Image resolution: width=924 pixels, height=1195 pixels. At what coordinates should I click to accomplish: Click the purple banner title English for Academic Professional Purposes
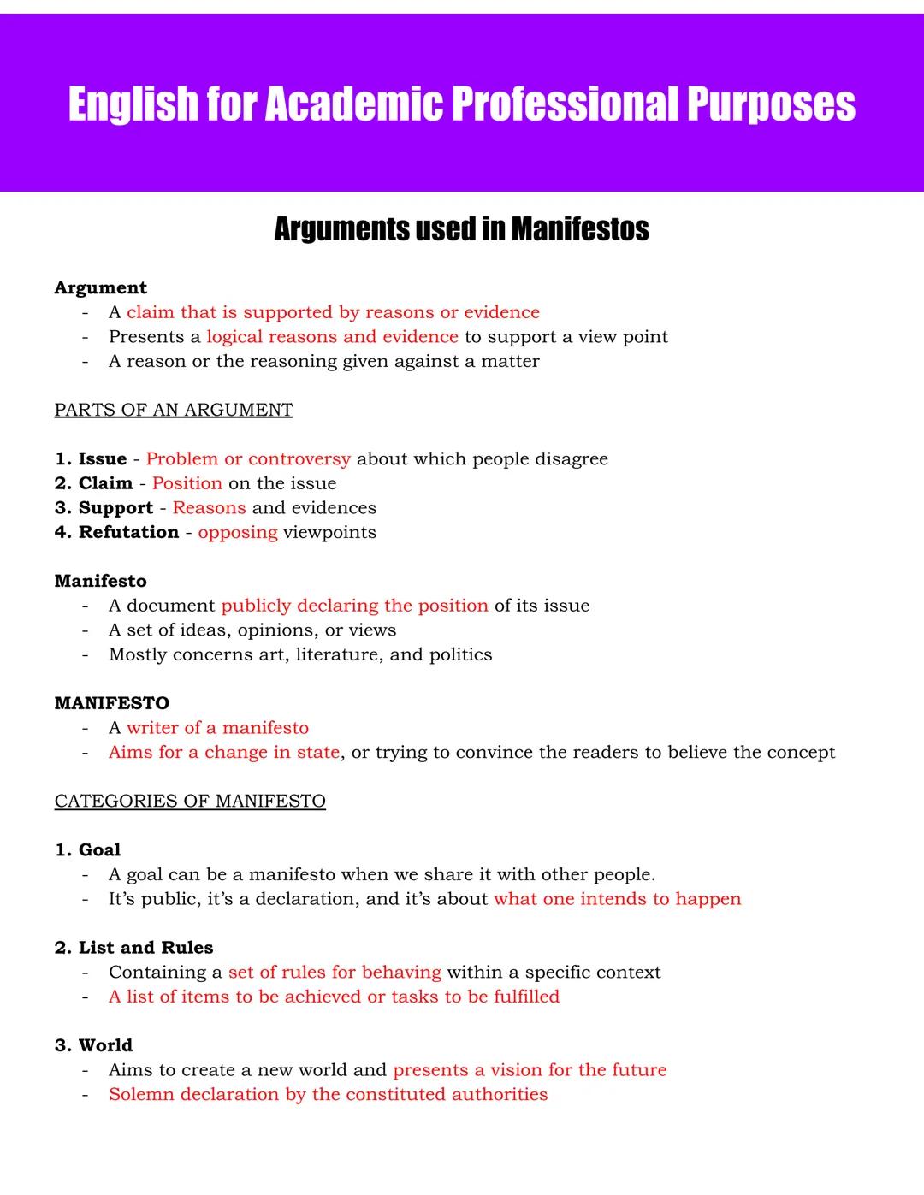(461, 104)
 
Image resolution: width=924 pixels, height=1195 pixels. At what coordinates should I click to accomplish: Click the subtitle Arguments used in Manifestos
(461, 229)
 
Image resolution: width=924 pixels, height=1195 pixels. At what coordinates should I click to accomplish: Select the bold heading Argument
(100, 288)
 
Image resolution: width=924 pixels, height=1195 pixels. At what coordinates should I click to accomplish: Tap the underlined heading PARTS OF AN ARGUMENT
(173, 411)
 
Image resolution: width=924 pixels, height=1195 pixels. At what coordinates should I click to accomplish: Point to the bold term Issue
(102, 459)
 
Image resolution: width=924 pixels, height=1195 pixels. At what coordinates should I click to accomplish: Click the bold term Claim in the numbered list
(105, 484)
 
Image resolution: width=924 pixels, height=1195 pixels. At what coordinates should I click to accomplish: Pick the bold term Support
(115, 508)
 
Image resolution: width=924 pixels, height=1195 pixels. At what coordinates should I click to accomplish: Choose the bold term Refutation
(128, 533)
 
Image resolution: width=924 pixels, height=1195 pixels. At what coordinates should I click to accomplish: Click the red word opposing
(237, 533)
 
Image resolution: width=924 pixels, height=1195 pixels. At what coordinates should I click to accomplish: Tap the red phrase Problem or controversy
(248, 459)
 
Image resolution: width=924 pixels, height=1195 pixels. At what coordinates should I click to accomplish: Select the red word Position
(187, 484)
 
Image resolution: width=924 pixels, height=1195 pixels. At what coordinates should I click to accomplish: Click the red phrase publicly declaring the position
(354, 606)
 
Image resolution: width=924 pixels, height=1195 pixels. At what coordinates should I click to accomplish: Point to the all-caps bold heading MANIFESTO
(111, 703)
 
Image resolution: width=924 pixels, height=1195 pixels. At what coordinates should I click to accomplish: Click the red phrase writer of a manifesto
(217, 728)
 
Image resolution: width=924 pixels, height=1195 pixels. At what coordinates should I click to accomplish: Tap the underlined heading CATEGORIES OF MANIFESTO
(190, 802)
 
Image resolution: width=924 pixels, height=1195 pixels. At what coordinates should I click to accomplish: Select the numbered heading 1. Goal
(87, 850)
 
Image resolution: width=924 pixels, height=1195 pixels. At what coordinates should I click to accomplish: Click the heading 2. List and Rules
(133, 948)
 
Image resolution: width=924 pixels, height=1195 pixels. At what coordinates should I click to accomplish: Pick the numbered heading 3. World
(93, 1045)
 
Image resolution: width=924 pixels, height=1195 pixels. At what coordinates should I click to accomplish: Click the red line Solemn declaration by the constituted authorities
(328, 1095)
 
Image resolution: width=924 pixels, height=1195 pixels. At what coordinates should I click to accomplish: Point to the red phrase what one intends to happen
(617, 899)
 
